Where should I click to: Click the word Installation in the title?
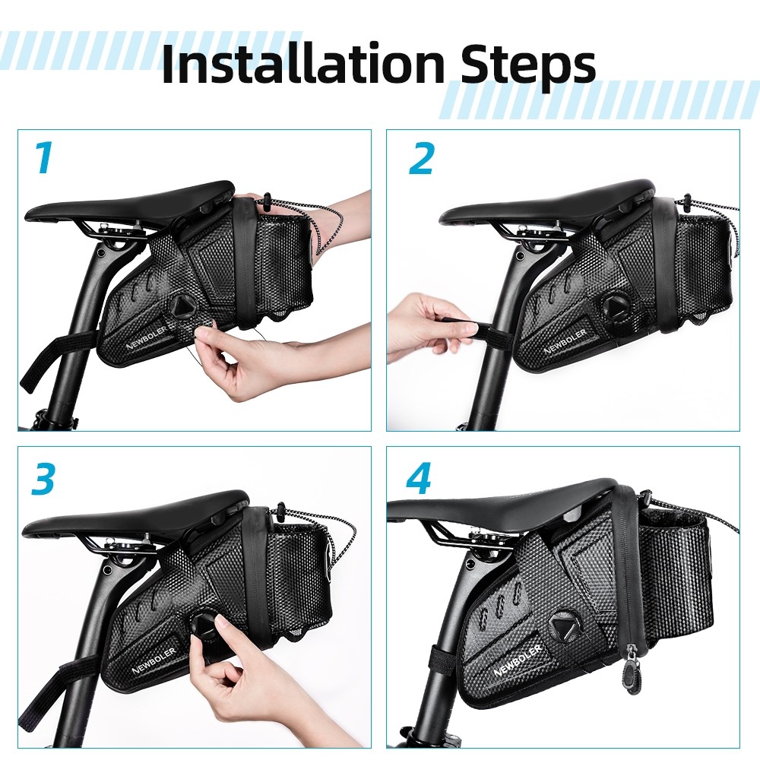point(302,64)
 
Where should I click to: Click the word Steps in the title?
point(528,68)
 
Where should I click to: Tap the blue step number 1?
point(44,158)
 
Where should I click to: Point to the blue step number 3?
point(43,480)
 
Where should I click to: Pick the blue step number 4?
point(419,478)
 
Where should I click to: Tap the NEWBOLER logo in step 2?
point(565,340)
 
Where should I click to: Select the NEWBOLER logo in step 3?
point(153,660)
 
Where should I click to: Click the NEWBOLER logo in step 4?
point(517,660)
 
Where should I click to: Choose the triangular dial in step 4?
point(565,627)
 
